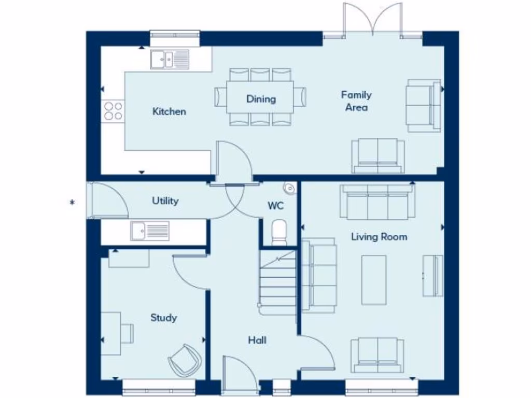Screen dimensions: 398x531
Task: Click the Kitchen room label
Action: click(169, 111)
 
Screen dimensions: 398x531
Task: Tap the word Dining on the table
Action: click(261, 99)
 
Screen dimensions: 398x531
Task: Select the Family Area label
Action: click(356, 101)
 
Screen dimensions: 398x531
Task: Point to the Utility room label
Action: click(165, 201)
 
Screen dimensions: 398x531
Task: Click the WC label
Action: click(275, 206)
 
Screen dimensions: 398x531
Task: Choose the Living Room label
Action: click(379, 237)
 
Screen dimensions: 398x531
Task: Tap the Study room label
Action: click(163, 318)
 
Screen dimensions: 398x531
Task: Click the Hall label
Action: click(257, 340)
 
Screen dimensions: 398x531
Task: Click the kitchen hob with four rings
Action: click(113, 110)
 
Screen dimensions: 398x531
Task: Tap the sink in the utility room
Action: click(150, 230)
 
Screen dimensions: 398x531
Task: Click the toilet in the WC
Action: click(279, 233)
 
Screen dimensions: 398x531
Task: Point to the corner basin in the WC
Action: click(289, 188)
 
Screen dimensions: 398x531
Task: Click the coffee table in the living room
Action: click(373, 279)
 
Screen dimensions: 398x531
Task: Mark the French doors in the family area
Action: click(373, 21)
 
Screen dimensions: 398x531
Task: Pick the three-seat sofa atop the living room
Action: click(377, 203)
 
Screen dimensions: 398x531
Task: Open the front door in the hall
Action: click(240, 375)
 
